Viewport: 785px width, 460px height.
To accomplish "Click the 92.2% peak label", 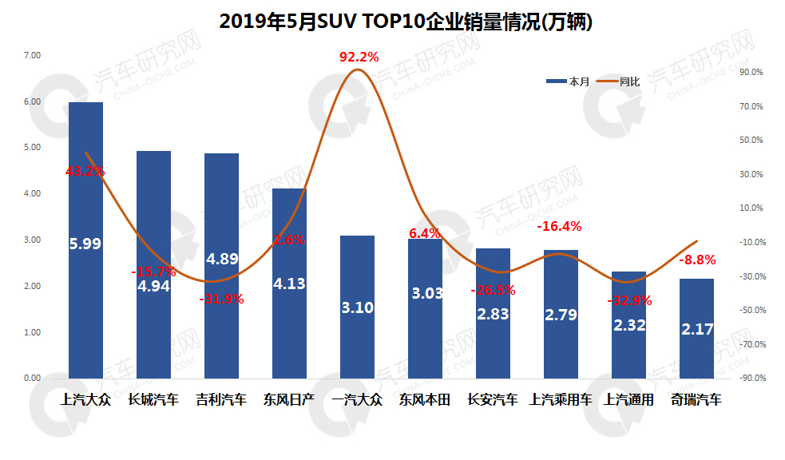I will click(359, 57).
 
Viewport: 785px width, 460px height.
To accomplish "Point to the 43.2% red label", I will click(85, 171).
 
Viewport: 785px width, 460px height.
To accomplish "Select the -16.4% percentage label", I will click(559, 226).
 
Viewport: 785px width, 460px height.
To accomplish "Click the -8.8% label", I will click(697, 260).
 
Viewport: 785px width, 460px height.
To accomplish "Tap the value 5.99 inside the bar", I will click(85, 244).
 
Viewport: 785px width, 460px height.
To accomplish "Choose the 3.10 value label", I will click(357, 307).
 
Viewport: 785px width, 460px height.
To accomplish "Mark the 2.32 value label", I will click(628, 325).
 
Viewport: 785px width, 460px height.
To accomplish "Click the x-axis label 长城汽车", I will click(153, 399).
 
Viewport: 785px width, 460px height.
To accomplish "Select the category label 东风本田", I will click(425, 399).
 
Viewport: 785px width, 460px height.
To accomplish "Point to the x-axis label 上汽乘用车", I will click(561, 399).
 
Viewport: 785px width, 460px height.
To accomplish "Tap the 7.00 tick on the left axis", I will click(32, 55).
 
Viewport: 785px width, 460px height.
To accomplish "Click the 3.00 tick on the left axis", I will click(32, 240).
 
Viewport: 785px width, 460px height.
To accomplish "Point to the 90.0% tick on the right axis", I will click(753, 72).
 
